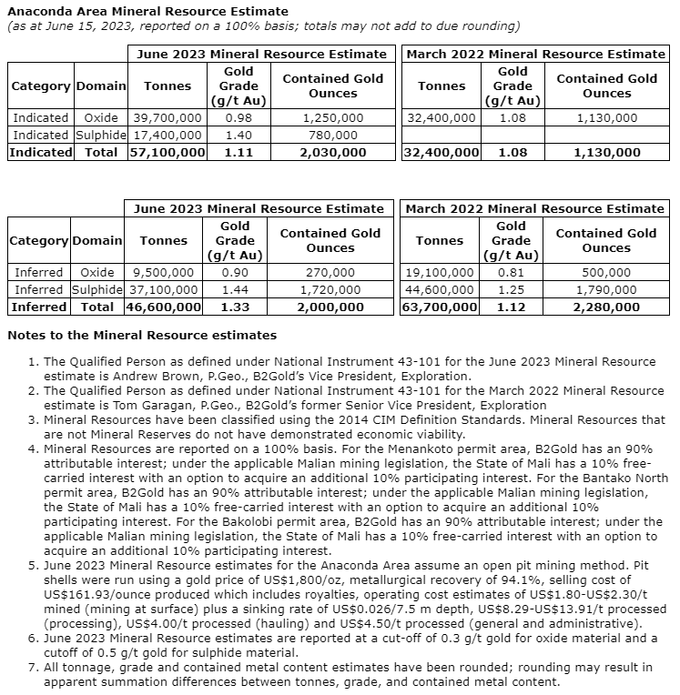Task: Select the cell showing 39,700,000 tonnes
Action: [x=167, y=118]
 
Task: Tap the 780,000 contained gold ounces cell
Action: [x=333, y=136]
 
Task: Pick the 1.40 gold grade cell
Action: [x=238, y=136]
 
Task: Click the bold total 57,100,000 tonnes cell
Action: [x=167, y=153]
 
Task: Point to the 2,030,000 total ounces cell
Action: [x=333, y=153]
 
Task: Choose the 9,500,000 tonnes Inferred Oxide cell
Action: [x=164, y=272]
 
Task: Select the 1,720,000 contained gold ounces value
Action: [x=330, y=289]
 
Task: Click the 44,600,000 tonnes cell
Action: [x=440, y=289]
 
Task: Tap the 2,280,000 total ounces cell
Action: [x=606, y=307]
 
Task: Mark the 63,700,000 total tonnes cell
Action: [x=440, y=307]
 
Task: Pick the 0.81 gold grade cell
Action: [x=512, y=272]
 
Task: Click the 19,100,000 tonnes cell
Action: [x=440, y=272]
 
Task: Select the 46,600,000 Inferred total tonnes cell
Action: [x=164, y=307]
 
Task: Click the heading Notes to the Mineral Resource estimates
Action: [x=142, y=336]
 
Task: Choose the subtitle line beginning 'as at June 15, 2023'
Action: [x=263, y=26]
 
